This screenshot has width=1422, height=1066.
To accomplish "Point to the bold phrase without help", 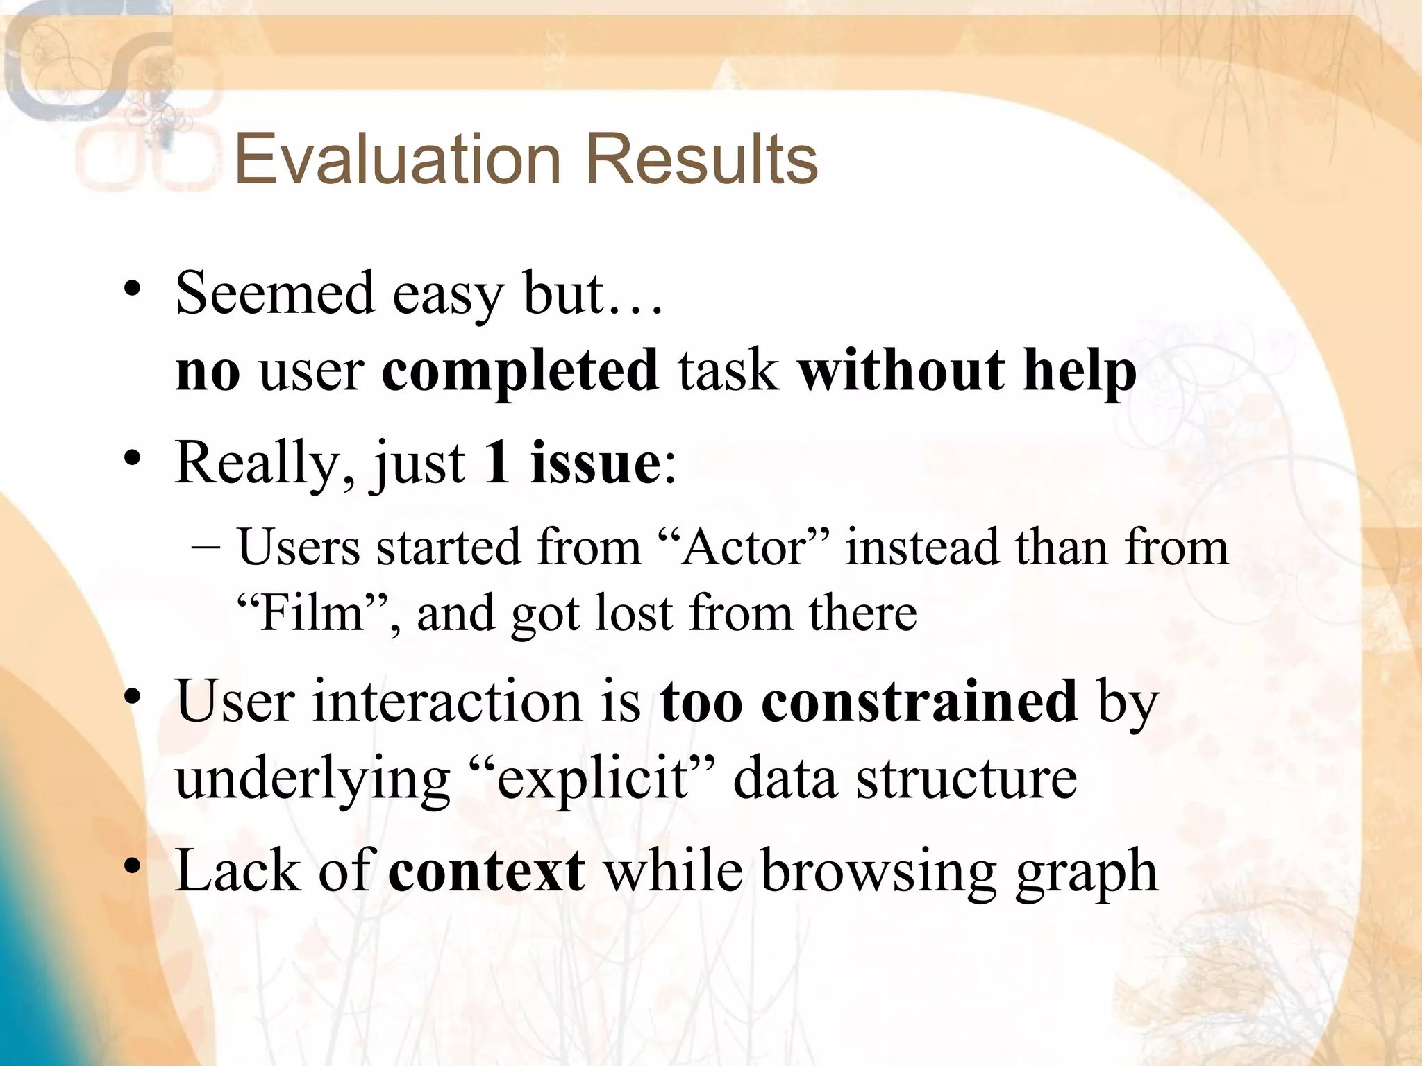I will click(x=967, y=370).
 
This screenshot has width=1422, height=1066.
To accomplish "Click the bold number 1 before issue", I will click(x=497, y=463).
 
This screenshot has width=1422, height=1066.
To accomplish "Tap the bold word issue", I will click(x=596, y=463).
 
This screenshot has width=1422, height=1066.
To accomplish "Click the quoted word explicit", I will click(x=592, y=779).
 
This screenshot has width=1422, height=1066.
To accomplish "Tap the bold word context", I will click(x=487, y=871).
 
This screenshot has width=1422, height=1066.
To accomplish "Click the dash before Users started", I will click(x=205, y=547).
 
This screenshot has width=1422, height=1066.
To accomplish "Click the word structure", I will click(x=967, y=779).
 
